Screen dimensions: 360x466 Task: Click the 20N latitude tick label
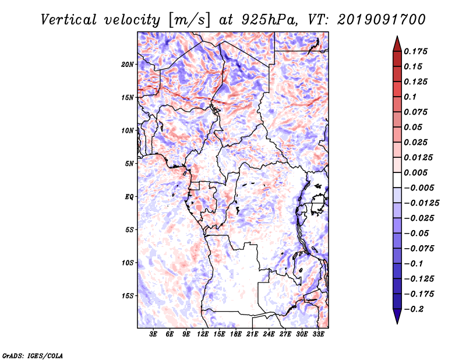click(128, 64)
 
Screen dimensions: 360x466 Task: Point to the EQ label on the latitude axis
click(130, 197)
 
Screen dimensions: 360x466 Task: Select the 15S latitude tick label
click(128, 296)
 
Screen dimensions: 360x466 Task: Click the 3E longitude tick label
click(154, 334)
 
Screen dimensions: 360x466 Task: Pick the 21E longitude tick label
click(252, 334)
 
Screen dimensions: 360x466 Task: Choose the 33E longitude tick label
click(318, 334)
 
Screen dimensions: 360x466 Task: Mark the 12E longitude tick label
click(203, 334)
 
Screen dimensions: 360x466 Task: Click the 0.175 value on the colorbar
click(416, 51)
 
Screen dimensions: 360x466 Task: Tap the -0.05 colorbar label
click(416, 233)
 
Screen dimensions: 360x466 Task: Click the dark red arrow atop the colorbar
click(397, 42)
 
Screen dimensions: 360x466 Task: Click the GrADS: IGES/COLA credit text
click(32, 354)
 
